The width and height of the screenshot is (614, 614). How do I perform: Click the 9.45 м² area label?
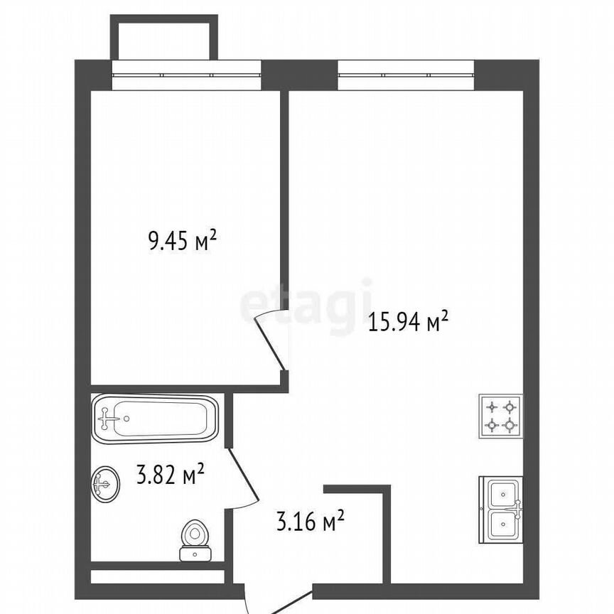[182, 241]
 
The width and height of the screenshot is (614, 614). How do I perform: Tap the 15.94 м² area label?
[408, 322]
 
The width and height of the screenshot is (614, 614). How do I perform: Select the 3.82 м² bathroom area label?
[171, 474]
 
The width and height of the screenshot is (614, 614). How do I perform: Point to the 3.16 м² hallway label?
[311, 520]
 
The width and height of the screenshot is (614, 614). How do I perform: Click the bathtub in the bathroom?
[154, 419]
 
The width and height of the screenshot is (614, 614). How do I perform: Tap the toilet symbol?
[195, 540]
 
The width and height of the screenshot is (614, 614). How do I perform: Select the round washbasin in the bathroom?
[106, 484]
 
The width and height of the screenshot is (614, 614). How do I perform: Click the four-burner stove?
[500, 416]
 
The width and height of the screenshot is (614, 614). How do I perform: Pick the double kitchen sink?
[501, 510]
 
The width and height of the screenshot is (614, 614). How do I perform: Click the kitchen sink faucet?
[517, 509]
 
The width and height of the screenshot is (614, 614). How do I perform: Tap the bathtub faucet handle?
[105, 419]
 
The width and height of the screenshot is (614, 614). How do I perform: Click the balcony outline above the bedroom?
[163, 37]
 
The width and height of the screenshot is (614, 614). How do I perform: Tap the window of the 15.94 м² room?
[406, 75]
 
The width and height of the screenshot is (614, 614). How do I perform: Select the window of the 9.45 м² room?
[186, 75]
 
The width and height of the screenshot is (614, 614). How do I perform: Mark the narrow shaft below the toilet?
[158, 576]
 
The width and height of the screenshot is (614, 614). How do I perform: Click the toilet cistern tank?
[195, 554]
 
